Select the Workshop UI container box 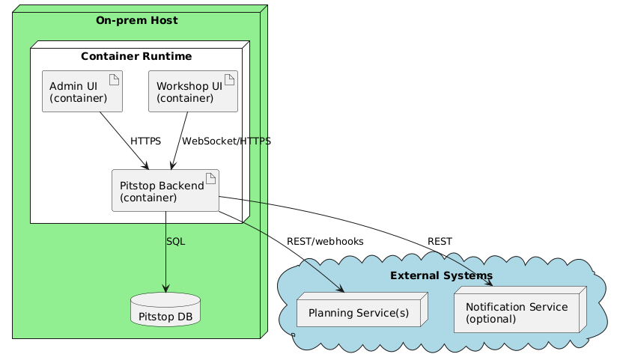(x=193, y=91)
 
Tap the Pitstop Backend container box (x=165, y=190)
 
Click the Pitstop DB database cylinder (x=165, y=310)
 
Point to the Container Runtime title (x=136, y=56)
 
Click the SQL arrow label (x=175, y=242)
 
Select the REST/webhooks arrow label (x=325, y=242)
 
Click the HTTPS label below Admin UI (x=145, y=141)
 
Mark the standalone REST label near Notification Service (x=440, y=241)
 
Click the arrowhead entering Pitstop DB (x=165, y=290)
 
